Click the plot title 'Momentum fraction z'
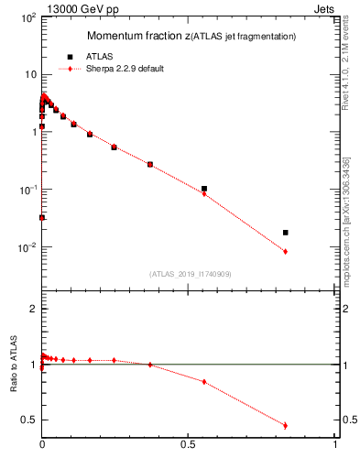[136, 36]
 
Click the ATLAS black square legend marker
[71, 57]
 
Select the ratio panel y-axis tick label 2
[32, 309]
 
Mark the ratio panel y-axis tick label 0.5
[28, 420]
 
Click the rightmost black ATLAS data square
[286, 233]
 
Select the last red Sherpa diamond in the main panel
[286, 252]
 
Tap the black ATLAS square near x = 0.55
[203, 189]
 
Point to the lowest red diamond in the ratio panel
[286, 425]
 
